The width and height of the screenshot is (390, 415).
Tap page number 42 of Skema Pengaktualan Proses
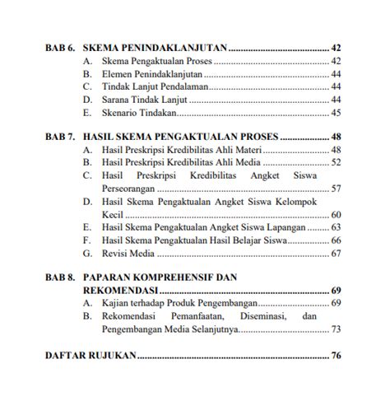pos(336,61)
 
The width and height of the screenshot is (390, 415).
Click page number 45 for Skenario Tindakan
pos(336,113)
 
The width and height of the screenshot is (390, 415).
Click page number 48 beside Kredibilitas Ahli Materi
pos(336,150)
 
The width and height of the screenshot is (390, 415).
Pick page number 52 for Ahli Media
pos(336,163)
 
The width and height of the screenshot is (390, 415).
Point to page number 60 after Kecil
pos(336,214)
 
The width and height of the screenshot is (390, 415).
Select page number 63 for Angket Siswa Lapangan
pos(336,226)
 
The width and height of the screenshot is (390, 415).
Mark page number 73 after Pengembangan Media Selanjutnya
pos(336,329)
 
